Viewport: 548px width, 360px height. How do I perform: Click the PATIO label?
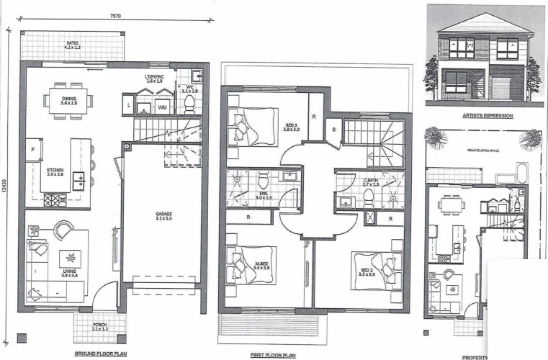pyautogui.click(x=72, y=44)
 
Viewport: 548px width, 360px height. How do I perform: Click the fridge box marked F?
pyautogui.click(x=33, y=150)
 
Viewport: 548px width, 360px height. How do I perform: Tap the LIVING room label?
pyautogui.click(x=70, y=272)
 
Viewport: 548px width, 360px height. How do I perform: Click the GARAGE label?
pyautogui.click(x=164, y=215)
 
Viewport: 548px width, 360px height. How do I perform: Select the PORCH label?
pyautogui.click(x=99, y=325)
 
